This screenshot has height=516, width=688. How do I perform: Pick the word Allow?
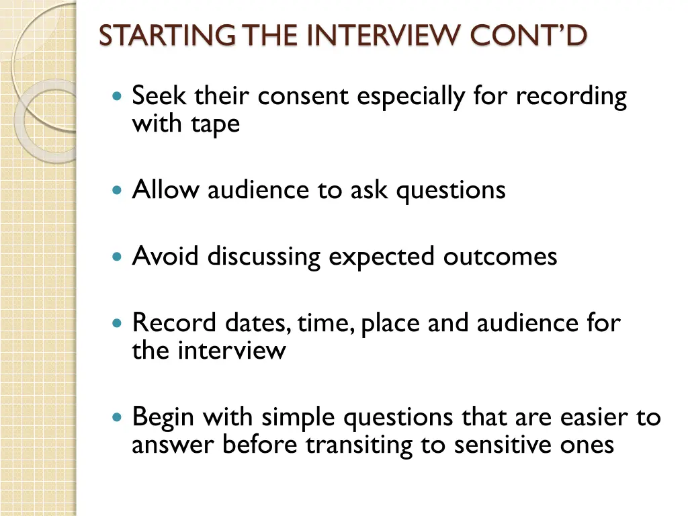[165, 189]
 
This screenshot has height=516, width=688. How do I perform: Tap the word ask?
[370, 189]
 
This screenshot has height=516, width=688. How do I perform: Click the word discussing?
[263, 257]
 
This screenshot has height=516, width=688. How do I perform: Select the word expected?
[381, 257]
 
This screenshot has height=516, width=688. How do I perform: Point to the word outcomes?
[500, 257]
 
